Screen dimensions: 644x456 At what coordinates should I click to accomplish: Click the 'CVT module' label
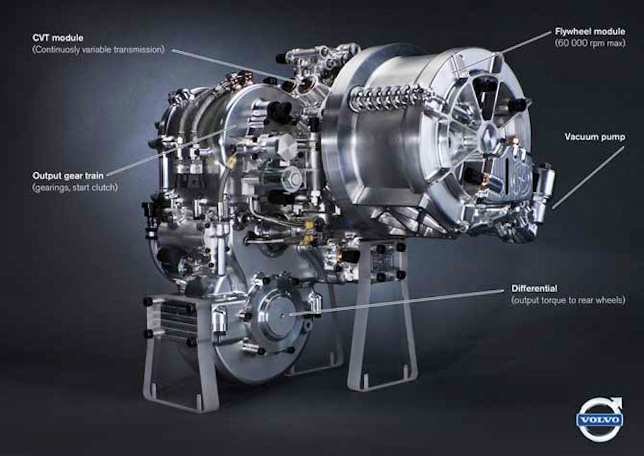[x=58, y=38]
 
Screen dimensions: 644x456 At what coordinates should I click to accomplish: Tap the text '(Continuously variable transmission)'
[x=99, y=50]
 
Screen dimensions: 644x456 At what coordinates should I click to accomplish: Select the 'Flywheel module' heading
[x=590, y=32]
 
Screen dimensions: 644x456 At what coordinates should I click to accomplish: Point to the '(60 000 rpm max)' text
[x=590, y=43]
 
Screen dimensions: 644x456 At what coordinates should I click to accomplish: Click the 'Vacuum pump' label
[x=595, y=137]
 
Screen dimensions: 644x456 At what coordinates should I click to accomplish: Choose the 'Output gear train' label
[x=69, y=176]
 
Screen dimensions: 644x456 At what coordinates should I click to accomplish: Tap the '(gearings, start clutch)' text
[x=75, y=187]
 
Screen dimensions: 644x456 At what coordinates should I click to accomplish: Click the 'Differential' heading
[x=534, y=288]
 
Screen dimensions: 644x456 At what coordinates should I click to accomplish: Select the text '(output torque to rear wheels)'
[x=569, y=300]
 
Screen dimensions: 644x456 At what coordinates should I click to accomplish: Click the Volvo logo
[x=600, y=419]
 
